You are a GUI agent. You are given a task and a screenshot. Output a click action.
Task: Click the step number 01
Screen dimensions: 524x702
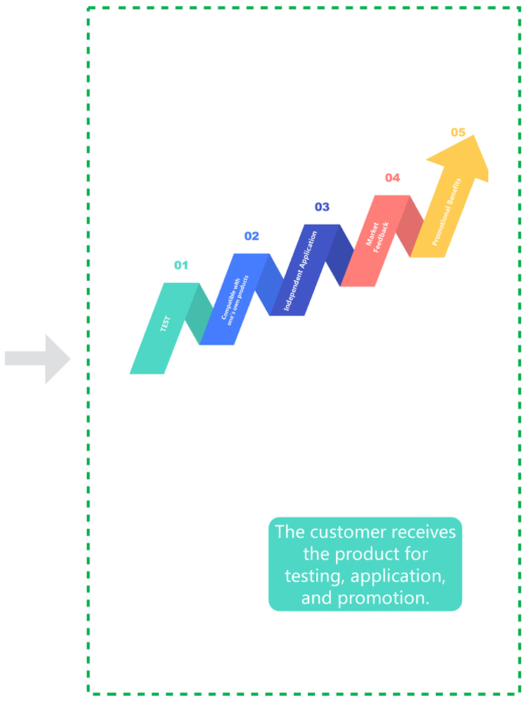[x=181, y=265]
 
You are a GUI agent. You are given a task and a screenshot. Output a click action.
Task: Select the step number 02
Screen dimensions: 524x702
[x=251, y=236]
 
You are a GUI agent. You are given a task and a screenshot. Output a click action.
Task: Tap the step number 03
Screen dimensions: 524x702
[x=322, y=207]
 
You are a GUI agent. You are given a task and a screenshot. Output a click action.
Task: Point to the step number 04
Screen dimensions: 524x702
[x=392, y=177]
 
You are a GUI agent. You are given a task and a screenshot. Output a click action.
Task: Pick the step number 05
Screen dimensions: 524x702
[x=458, y=133]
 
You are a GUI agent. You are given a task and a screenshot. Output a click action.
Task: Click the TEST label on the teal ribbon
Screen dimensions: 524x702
[x=165, y=323]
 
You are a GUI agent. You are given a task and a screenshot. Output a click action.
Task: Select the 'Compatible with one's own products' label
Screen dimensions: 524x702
[x=235, y=300]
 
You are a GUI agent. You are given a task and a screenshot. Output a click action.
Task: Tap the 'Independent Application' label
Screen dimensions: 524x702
[x=300, y=271]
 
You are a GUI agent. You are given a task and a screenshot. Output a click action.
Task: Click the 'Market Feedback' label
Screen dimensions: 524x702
[x=377, y=237]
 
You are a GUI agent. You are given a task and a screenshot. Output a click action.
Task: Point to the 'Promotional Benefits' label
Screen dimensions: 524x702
[x=446, y=212]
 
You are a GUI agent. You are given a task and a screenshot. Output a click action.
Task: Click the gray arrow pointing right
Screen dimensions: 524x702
[x=38, y=358]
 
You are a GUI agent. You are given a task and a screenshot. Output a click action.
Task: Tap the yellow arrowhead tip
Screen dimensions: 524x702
[x=474, y=136]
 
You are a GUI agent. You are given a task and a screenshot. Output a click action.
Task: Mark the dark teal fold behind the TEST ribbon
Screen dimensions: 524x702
[x=199, y=314]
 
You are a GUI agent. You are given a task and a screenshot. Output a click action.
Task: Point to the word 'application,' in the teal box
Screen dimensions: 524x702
[x=398, y=576]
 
